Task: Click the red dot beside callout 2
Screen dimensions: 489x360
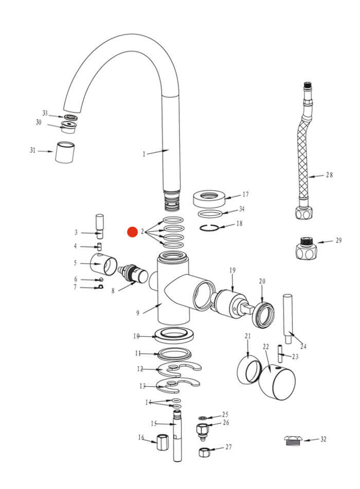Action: pos(133,232)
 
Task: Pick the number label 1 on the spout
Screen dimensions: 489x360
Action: pos(145,154)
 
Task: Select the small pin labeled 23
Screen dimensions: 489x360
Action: pos(281,354)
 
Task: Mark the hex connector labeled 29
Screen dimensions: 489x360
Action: pos(307,249)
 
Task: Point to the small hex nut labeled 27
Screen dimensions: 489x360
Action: pos(204,452)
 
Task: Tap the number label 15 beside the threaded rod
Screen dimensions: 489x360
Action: pos(153,424)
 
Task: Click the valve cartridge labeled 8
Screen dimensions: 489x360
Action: pos(134,274)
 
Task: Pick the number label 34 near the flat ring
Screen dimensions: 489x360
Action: pos(242,209)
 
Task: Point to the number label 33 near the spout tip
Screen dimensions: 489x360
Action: pos(45,113)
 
